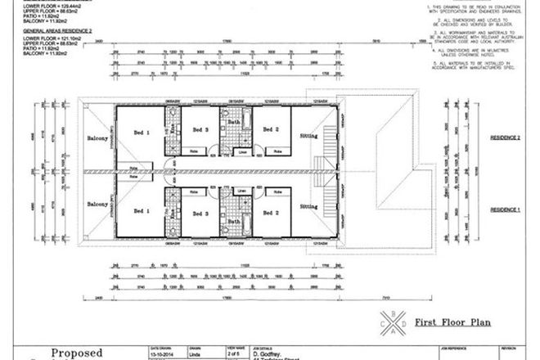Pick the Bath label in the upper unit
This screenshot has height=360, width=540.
(233, 122)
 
